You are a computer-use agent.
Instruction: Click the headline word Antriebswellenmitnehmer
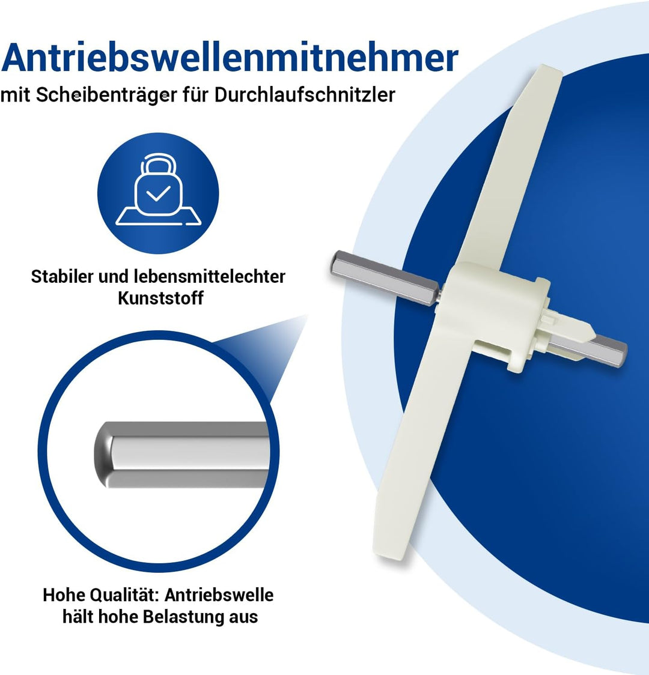[230, 58]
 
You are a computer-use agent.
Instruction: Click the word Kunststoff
[160, 298]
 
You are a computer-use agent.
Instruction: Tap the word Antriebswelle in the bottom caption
[219, 595]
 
